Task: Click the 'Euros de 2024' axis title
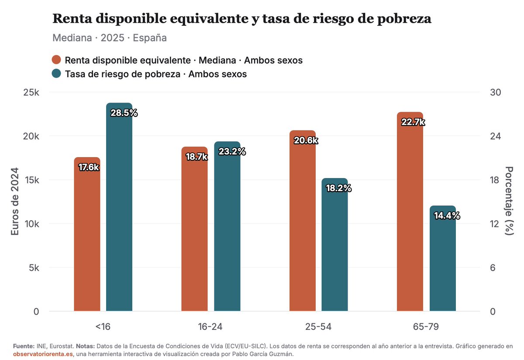pos(15,202)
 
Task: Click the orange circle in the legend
pos(56,60)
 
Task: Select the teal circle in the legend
pos(56,74)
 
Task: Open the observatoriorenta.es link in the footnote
pos(43,354)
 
